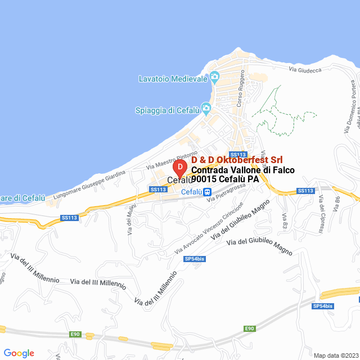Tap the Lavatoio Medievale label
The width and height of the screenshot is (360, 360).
pyautogui.click(x=173, y=79)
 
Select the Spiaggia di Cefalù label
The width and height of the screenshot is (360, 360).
pyautogui.click(x=167, y=110)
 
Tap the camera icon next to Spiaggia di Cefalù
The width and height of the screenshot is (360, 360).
pyautogui.click(x=206, y=108)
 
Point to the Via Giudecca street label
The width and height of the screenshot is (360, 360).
pyautogui.click(x=304, y=70)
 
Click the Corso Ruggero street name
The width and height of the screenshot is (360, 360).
pyautogui.click(x=240, y=88)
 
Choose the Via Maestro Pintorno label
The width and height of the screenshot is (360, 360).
pyautogui.click(x=172, y=160)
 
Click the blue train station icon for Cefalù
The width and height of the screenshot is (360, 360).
pyautogui.click(x=208, y=192)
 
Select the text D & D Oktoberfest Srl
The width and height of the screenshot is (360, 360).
pyautogui.click(x=237, y=160)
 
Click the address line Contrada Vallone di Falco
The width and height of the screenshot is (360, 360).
pyautogui.click(x=242, y=170)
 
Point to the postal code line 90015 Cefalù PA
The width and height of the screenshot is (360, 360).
pyautogui.click(x=224, y=179)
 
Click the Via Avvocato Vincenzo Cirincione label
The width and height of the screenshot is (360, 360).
pyautogui.click(x=209, y=227)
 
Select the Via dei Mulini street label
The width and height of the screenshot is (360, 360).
pyautogui.click(x=130, y=220)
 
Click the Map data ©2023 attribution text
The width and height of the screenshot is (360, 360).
pyautogui.click(x=335, y=355)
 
